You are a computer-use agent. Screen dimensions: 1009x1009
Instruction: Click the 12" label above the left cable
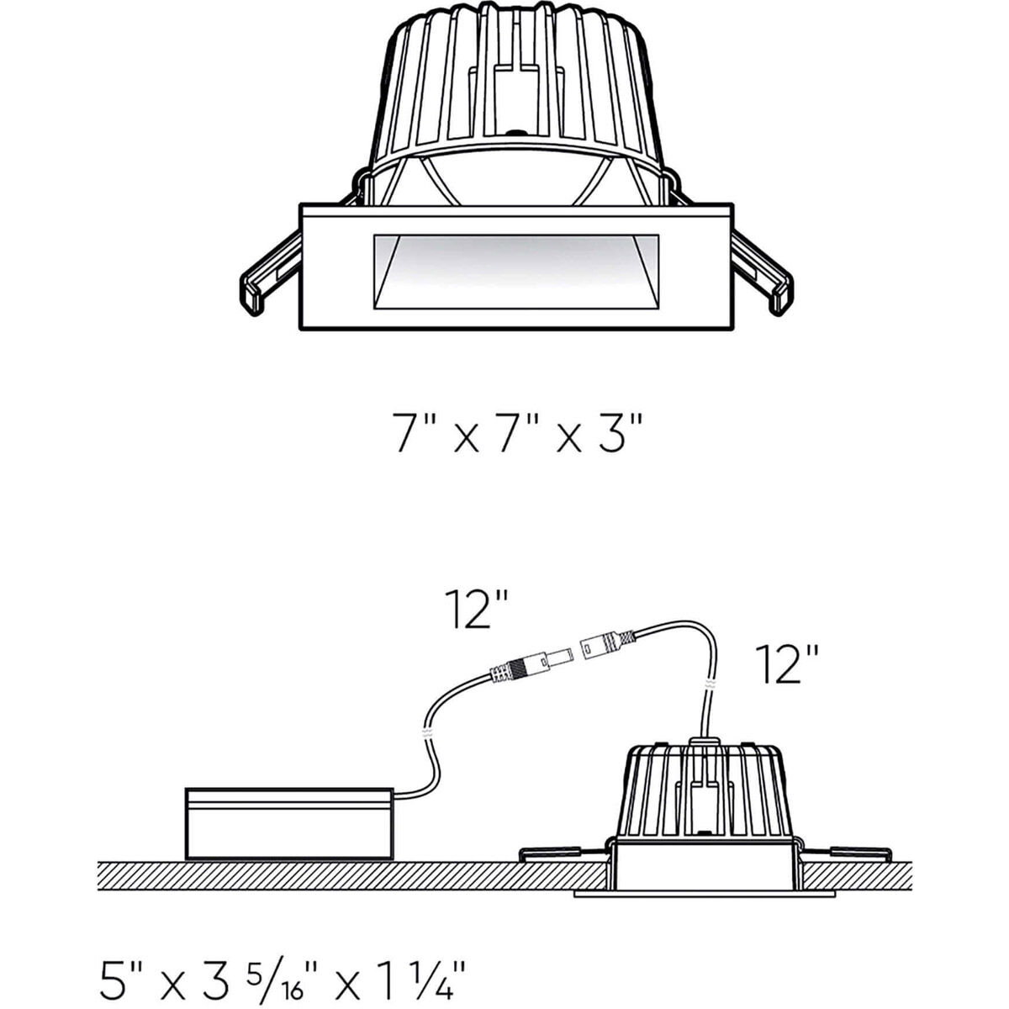(x=478, y=611)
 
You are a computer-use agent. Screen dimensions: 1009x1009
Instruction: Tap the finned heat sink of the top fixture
(x=517, y=92)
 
